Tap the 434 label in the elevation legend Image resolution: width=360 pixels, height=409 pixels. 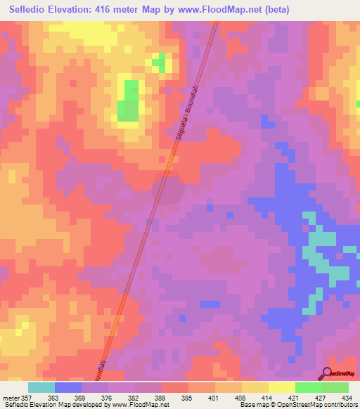347,397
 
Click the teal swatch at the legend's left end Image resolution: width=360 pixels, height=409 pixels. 41,387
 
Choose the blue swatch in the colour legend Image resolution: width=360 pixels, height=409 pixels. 67,387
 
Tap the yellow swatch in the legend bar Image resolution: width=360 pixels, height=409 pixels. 281,387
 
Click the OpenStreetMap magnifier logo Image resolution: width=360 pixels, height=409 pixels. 327,374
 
